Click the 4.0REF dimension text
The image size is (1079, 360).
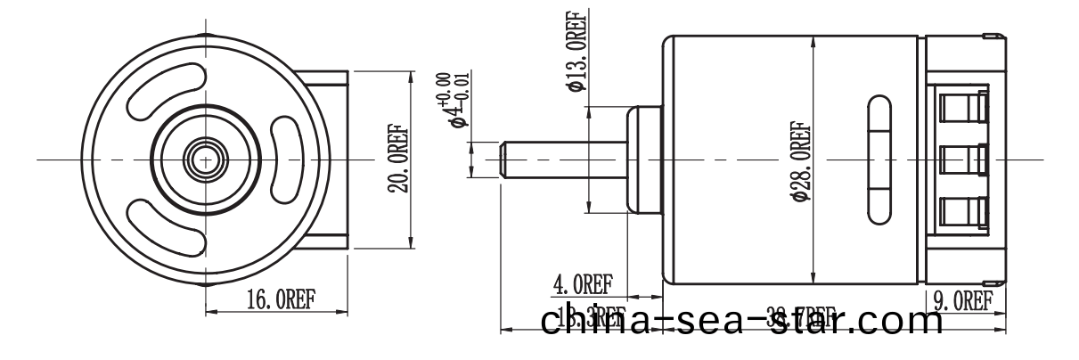click(583, 285)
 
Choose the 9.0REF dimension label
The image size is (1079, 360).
click(963, 300)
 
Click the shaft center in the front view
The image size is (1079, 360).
click(206, 160)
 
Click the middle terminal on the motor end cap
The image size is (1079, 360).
click(964, 160)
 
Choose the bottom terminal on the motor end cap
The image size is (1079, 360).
click(964, 210)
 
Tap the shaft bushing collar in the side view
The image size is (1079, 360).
click(643, 160)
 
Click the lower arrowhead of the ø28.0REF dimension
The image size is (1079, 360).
click(814, 277)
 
